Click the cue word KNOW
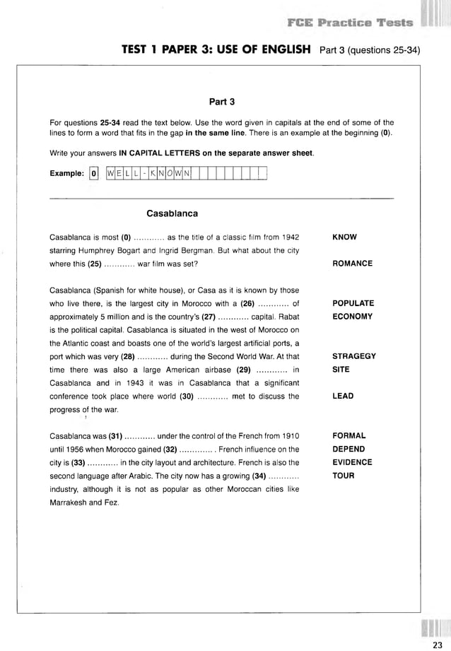[x=344, y=237]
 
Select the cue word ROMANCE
[x=352, y=264]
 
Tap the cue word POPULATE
[x=353, y=303]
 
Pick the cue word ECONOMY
[x=352, y=317]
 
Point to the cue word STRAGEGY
[x=353, y=356]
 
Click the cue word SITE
[x=341, y=370]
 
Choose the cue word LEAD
[x=342, y=397]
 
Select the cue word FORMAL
[x=348, y=436]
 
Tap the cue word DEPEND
[x=348, y=449]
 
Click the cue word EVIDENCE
[x=352, y=462]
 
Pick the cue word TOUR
[x=343, y=476]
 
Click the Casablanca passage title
[x=172, y=213]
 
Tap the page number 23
[x=437, y=643]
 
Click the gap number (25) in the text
[x=95, y=264]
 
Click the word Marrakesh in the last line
[x=73, y=503]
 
